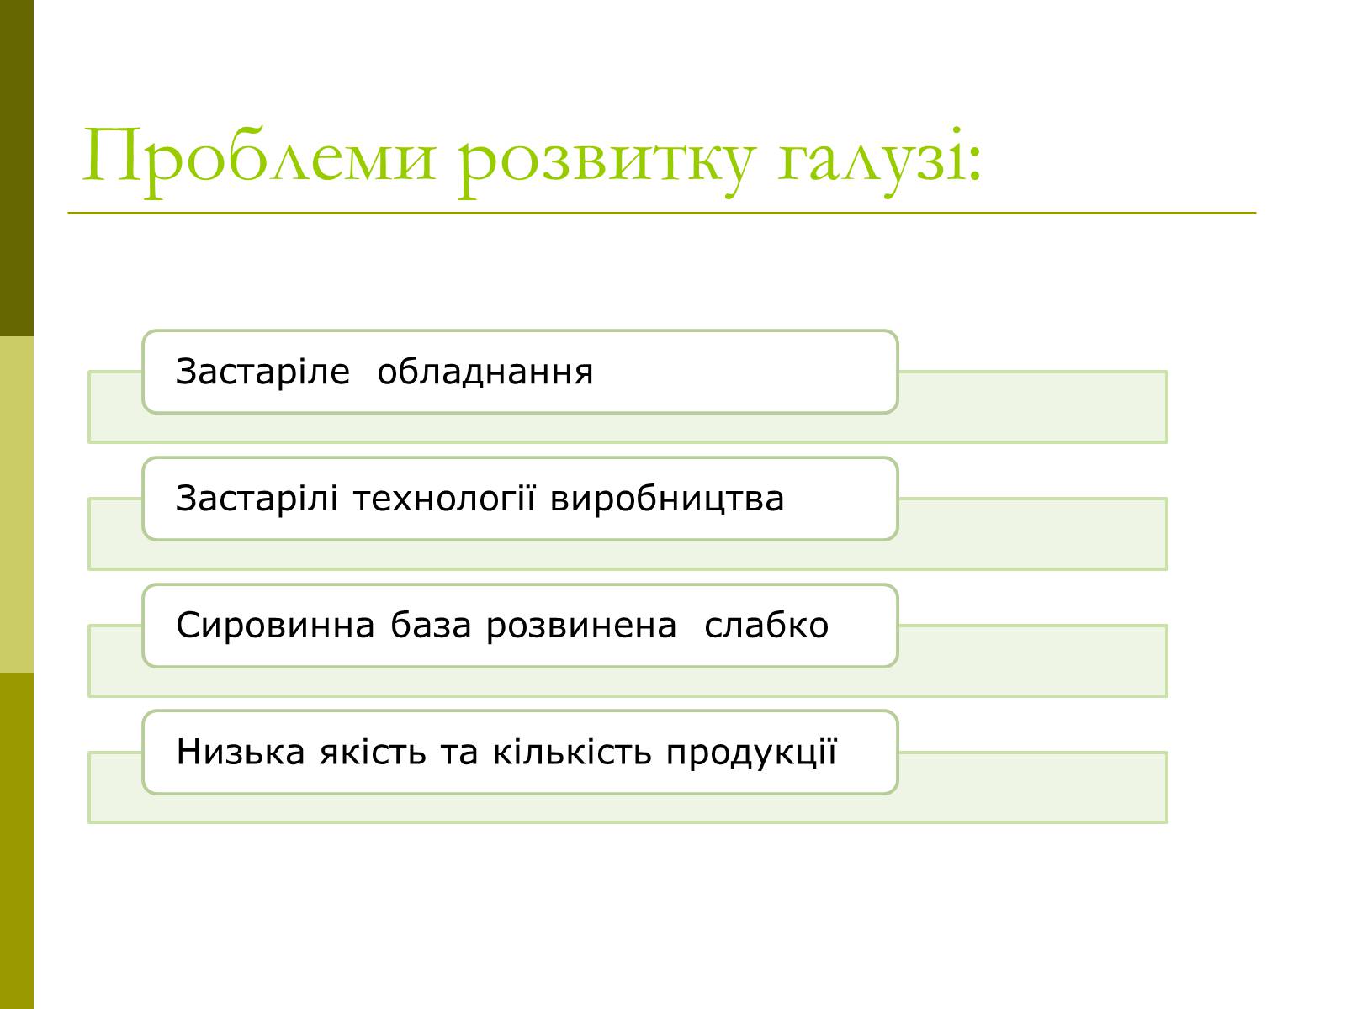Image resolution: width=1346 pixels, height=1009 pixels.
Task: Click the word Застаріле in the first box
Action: [x=262, y=372]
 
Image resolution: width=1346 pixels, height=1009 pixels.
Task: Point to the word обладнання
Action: [x=485, y=372]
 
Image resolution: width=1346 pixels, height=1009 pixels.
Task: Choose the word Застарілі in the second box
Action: [x=257, y=498]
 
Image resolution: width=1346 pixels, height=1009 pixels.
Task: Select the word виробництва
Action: [x=667, y=498]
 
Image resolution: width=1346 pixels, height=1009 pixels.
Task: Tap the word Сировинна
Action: [x=275, y=625]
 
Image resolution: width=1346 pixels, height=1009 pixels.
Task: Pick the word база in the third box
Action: [x=431, y=625]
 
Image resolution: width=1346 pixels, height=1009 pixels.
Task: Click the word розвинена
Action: [x=581, y=626]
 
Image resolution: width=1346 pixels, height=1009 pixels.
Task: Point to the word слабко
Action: [x=766, y=625]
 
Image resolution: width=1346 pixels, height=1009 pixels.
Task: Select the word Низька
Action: [x=241, y=752]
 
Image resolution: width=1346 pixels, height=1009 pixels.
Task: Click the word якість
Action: [x=373, y=752]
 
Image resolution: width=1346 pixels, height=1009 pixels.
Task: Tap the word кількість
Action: [x=571, y=752]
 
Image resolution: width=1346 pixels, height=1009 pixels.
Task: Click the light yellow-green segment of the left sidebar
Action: [x=17, y=504]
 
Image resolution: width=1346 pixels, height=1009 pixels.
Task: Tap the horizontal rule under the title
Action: [x=662, y=214]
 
